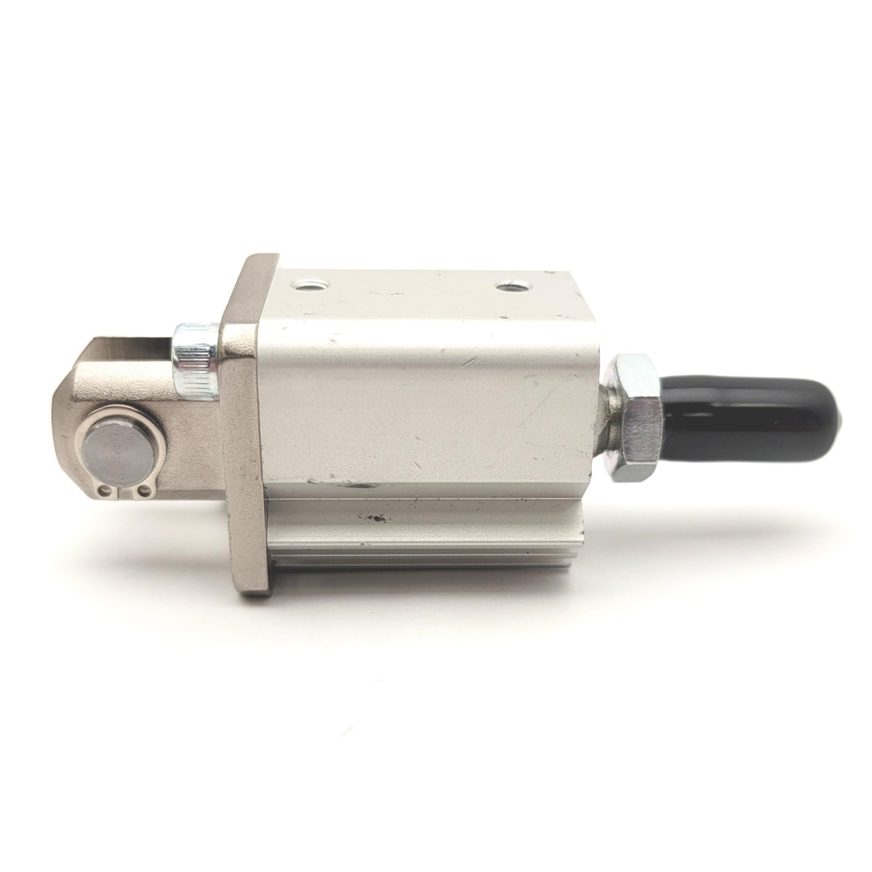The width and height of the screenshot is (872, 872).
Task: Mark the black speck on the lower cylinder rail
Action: pos(379,517)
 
